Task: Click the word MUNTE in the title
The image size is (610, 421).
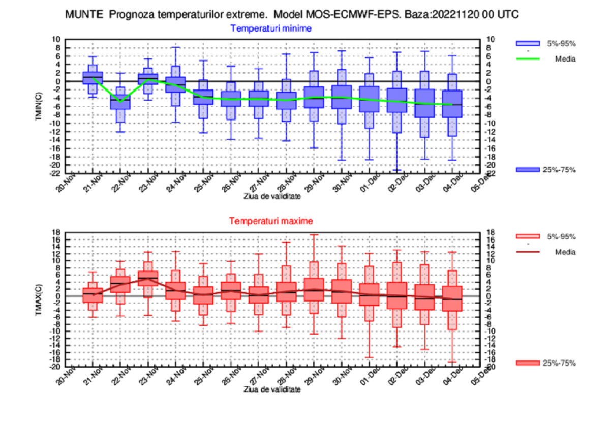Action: tap(81, 15)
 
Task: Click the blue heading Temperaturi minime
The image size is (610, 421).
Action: tap(271, 28)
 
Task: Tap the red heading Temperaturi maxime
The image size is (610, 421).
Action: tap(271, 221)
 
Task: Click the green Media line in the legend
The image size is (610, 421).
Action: tap(527, 59)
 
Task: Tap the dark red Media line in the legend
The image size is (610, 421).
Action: tap(527, 252)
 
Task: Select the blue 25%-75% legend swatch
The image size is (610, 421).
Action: tap(527, 170)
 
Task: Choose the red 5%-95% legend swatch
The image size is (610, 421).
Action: tap(527, 237)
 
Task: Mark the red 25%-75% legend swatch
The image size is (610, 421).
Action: tap(527, 363)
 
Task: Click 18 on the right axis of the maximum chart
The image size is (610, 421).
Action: tap(491, 232)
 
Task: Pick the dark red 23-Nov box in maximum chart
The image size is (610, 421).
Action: tap(148, 278)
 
